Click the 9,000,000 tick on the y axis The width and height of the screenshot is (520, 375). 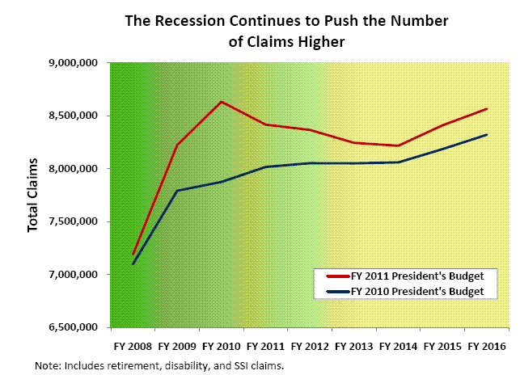[75, 63]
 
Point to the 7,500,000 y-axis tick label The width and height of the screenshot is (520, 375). [75, 222]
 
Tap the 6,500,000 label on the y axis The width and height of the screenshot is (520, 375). [75, 328]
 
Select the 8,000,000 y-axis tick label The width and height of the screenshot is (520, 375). [75, 169]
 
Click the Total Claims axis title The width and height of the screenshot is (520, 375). [34, 195]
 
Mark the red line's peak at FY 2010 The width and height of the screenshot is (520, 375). [222, 102]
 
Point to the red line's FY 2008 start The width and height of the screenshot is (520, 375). [133, 254]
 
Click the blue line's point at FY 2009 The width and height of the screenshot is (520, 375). [177, 191]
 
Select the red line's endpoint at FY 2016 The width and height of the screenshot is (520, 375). [486, 109]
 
